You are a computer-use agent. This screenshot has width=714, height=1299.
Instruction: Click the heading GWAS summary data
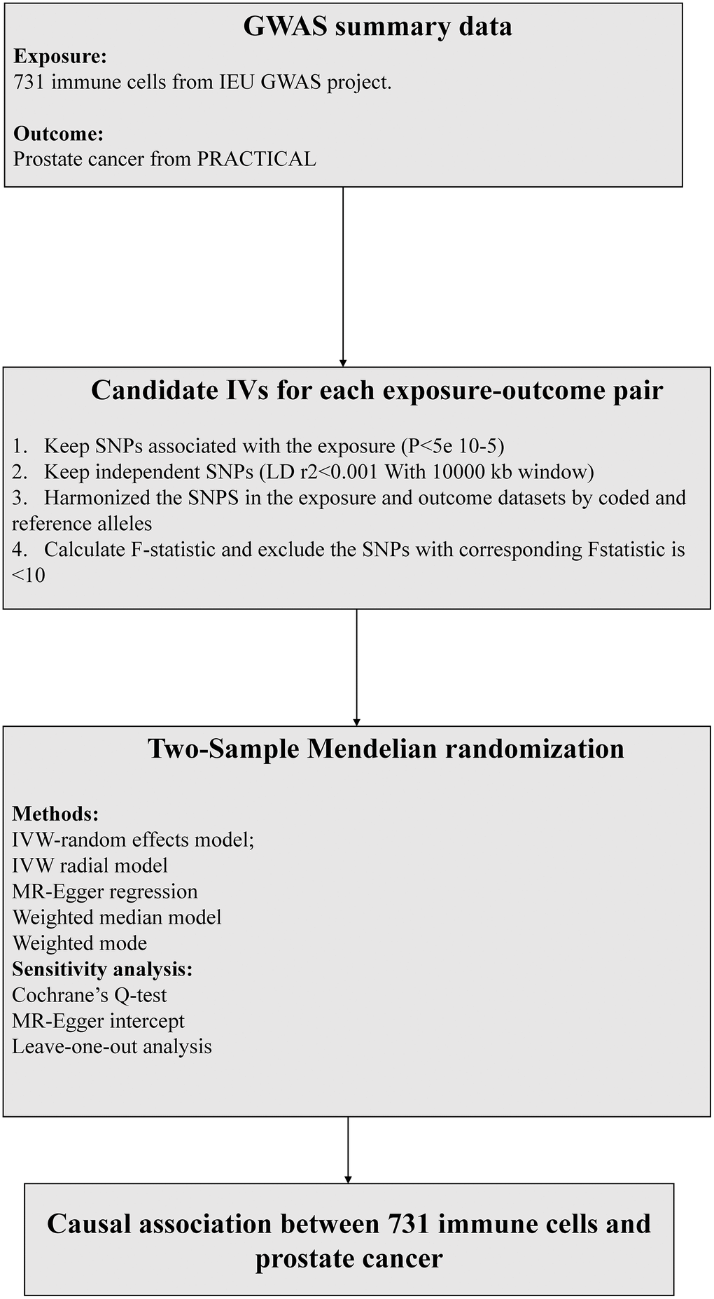[377, 27]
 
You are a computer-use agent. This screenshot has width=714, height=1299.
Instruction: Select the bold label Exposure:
[60, 57]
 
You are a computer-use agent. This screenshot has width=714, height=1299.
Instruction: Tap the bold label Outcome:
[59, 134]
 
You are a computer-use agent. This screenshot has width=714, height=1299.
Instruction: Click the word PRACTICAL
[256, 159]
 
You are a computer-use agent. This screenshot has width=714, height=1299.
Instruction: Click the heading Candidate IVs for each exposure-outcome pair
[377, 391]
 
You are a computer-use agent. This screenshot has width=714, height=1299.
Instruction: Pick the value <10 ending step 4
[29, 576]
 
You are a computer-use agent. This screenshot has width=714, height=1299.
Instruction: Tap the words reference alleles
[82, 524]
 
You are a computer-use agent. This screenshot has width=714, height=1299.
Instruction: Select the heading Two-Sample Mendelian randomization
[386, 749]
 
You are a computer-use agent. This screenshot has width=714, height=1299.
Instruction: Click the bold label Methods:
[55, 814]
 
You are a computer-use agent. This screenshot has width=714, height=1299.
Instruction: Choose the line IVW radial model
[90, 866]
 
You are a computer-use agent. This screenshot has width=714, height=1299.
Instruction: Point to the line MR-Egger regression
[105, 891]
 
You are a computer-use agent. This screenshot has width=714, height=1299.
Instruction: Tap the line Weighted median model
[117, 917]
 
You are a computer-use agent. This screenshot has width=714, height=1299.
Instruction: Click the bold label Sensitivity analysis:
[102, 969]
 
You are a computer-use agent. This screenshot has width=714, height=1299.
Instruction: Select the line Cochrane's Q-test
[90, 995]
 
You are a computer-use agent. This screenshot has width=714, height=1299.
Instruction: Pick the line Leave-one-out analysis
[112, 1046]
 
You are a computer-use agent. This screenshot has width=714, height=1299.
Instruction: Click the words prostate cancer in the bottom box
[349, 1258]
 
